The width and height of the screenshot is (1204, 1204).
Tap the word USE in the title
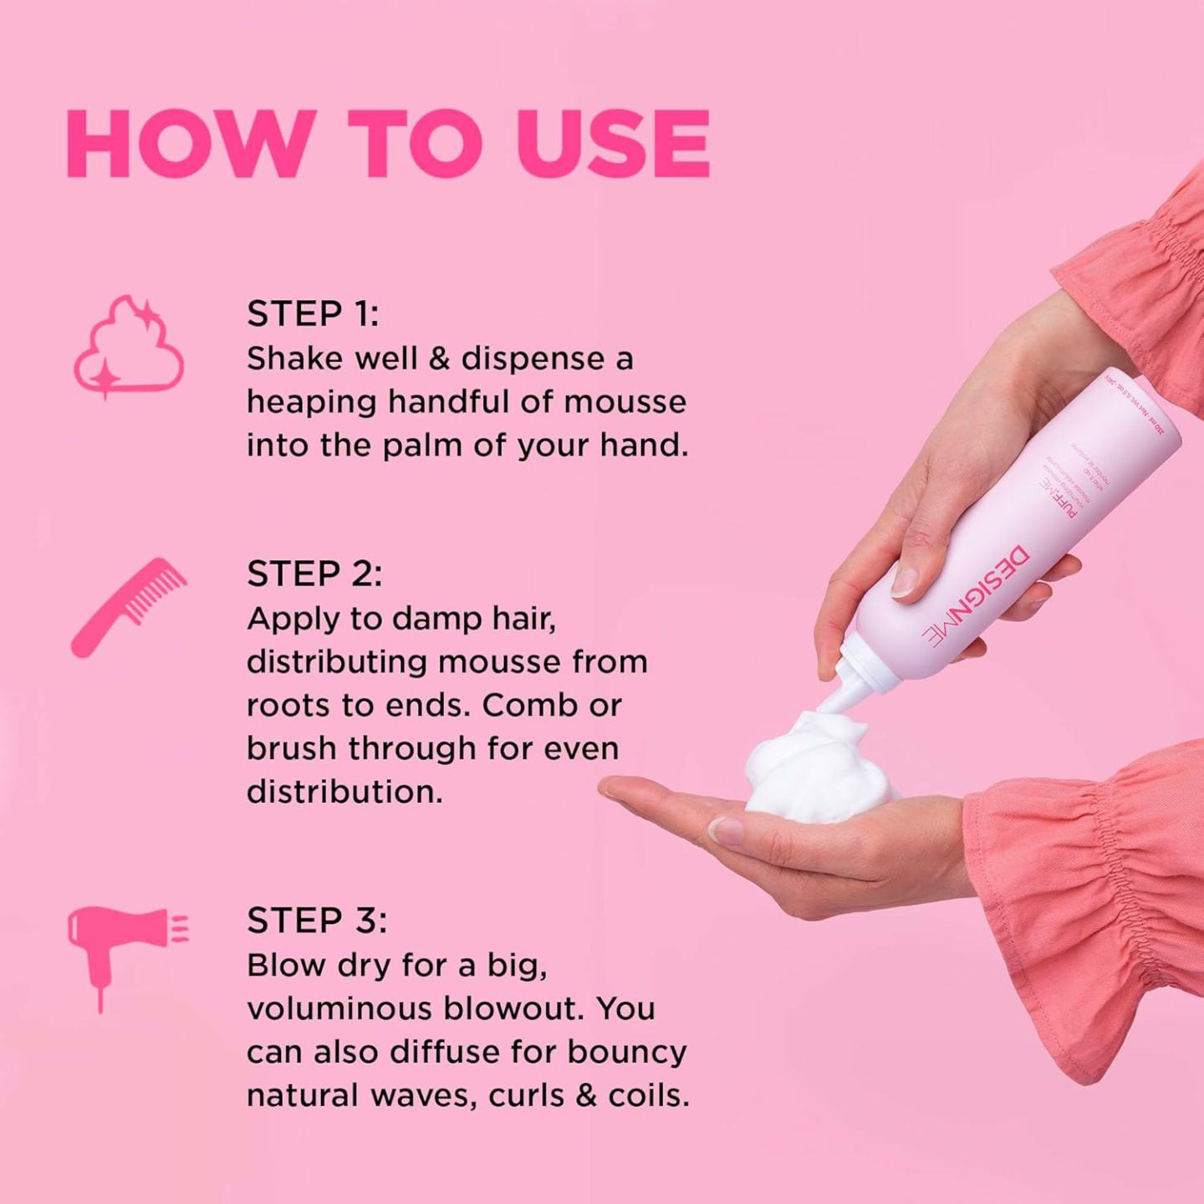click(x=613, y=144)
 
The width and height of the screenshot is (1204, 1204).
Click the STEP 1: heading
click(x=313, y=314)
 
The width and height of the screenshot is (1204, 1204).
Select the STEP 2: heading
click(x=314, y=574)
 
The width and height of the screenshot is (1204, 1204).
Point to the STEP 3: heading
click(x=317, y=921)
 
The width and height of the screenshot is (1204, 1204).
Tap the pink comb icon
click(x=127, y=606)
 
